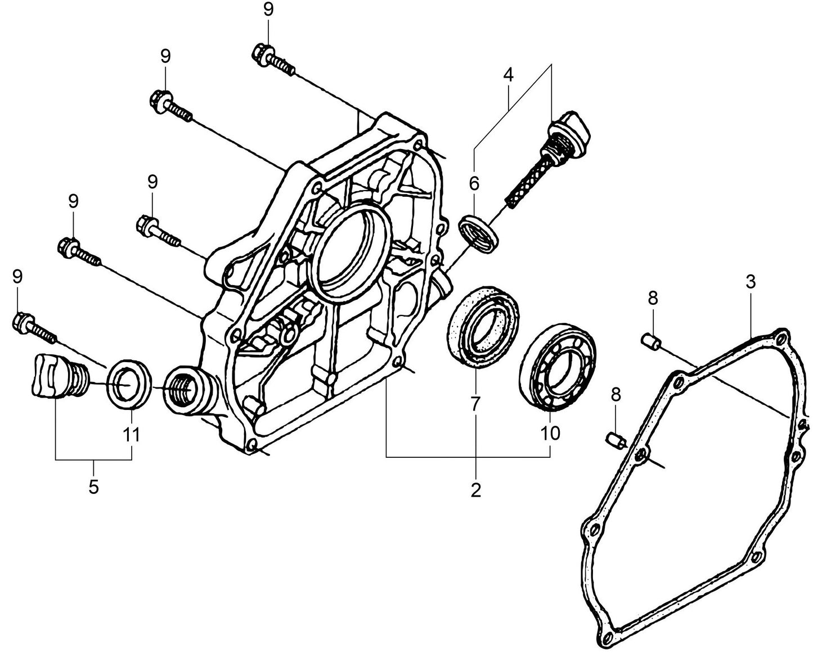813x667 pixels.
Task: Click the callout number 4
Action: (508, 75)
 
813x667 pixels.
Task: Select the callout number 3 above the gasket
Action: (751, 282)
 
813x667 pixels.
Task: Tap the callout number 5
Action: (93, 486)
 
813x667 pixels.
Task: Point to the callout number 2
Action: (476, 490)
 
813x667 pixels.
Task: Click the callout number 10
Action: (551, 433)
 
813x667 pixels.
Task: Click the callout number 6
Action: (474, 183)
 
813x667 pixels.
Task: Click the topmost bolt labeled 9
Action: (272, 60)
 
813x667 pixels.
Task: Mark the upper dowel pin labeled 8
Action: (650, 340)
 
